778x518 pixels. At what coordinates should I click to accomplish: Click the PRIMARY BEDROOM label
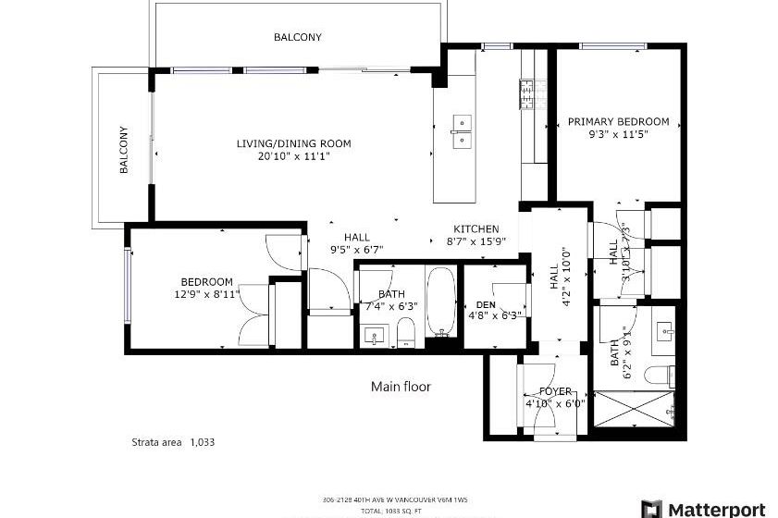click(618, 121)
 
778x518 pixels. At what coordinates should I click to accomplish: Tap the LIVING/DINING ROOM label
click(293, 143)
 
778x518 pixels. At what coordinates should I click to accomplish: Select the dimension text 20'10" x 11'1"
click(293, 156)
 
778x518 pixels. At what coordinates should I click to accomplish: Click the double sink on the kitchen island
click(461, 131)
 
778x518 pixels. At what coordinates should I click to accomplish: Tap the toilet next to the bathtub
click(405, 331)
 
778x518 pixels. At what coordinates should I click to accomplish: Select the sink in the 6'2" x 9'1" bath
click(665, 330)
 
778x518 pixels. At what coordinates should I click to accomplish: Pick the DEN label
click(486, 303)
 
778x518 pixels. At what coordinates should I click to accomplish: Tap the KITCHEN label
click(475, 229)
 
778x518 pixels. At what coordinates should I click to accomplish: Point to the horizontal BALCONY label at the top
click(297, 38)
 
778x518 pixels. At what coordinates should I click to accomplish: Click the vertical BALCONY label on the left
click(122, 150)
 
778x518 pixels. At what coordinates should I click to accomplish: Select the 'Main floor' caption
click(401, 387)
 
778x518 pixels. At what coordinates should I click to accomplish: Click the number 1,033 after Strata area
click(202, 442)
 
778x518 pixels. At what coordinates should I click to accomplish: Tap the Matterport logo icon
click(651, 509)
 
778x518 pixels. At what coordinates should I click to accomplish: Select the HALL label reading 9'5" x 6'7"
click(356, 242)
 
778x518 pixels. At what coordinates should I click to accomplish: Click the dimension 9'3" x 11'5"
click(618, 134)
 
